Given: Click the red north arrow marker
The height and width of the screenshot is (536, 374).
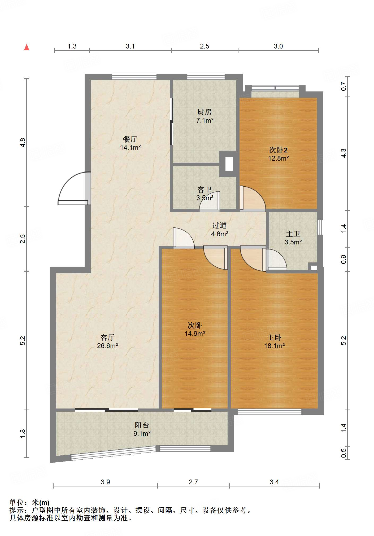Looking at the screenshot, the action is pyautogui.click(x=27, y=47).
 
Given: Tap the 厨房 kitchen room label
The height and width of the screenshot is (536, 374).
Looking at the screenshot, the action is pyautogui.click(x=205, y=116).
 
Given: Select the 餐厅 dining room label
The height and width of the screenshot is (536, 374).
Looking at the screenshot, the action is pyautogui.click(x=130, y=143).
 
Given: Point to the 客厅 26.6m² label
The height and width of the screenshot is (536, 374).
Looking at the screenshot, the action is pyautogui.click(x=107, y=341).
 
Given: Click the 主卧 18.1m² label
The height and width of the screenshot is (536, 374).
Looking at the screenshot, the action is pyautogui.click(x=275, y=341).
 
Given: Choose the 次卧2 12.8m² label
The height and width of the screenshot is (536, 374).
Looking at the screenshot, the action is pyautogui.click(x=278, y=154).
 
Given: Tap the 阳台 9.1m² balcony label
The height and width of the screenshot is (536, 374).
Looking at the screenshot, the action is pyautogui.click(x=142, y=429).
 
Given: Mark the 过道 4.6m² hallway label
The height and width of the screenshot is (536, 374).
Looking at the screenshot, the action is pyautogui.click(x=220, y=230).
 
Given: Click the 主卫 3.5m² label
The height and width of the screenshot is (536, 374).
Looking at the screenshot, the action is pyautogui.click(x=293, y=238).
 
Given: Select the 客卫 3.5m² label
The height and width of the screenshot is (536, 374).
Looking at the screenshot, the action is pyautogui.click(x=205, y=194).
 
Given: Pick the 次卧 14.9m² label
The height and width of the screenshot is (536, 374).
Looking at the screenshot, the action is pyautogui.click(x=195, y=329).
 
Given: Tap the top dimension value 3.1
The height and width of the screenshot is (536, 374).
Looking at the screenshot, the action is pyautogui.click(x=130, y=46).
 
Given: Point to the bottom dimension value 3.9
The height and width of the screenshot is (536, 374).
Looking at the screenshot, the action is pyautogui.click(x=105, y=482).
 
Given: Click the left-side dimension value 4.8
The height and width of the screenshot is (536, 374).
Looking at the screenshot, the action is pyautogui.click(x=23, y=143).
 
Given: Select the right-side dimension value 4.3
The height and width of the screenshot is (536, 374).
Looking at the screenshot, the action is pyautogui.click(x=343, y=153).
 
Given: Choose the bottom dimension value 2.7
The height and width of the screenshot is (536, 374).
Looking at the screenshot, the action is pyautogui.click(x=193, y=482).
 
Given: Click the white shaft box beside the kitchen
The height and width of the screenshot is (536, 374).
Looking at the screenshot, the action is pyautogui.click(x=229, y=164).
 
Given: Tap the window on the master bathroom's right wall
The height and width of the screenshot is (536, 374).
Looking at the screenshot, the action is pyautogui.click(x=320, y=227).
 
